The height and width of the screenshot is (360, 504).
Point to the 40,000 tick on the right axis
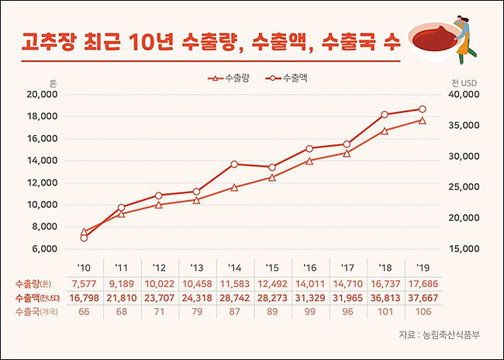(x=464, y=95)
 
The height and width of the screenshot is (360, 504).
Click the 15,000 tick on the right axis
(x=464, y=249)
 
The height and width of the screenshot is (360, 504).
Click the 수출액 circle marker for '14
(x=234, y=164)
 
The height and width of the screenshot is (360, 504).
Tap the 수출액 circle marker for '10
(x=84, y=237)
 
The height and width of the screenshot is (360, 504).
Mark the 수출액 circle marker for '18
(x=385, y=114)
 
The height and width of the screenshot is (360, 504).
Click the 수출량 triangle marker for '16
(x=309, y=161)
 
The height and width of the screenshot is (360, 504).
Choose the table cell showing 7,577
(x=84, y=282)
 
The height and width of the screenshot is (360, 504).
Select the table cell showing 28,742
(x=234, y=297)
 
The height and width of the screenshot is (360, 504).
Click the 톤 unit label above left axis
(x=54, y=82)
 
